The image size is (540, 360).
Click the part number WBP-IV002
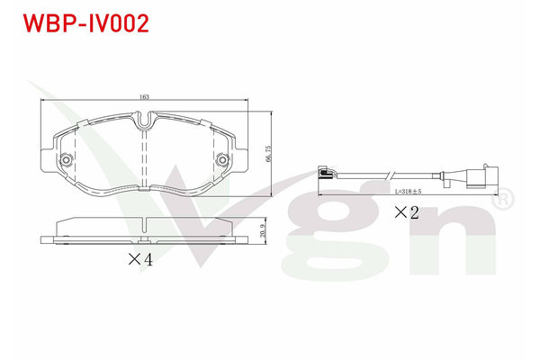(x=85, y=23)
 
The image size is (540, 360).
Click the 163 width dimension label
(x=144, y=97)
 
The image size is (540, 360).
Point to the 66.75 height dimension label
(x=268, y=153)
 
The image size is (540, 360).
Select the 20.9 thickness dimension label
(x=263, y=230)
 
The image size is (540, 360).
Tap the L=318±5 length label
(x=408, y=192)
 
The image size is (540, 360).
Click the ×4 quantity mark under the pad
(x=140, y=259)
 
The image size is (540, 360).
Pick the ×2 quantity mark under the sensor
(x=407, y=212)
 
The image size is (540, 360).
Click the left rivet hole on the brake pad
(x=66, y=160)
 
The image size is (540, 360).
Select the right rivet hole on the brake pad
(x=223, y=160)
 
